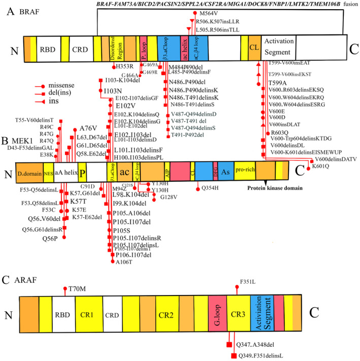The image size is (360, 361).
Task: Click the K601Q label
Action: pos(321,166)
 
